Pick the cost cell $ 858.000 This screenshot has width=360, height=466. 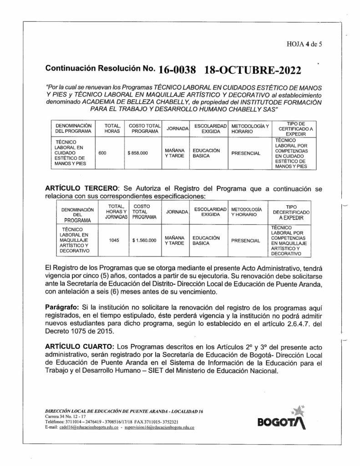click(x=138, y=153)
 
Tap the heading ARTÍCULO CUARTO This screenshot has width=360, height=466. click(x=78, y=346)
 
